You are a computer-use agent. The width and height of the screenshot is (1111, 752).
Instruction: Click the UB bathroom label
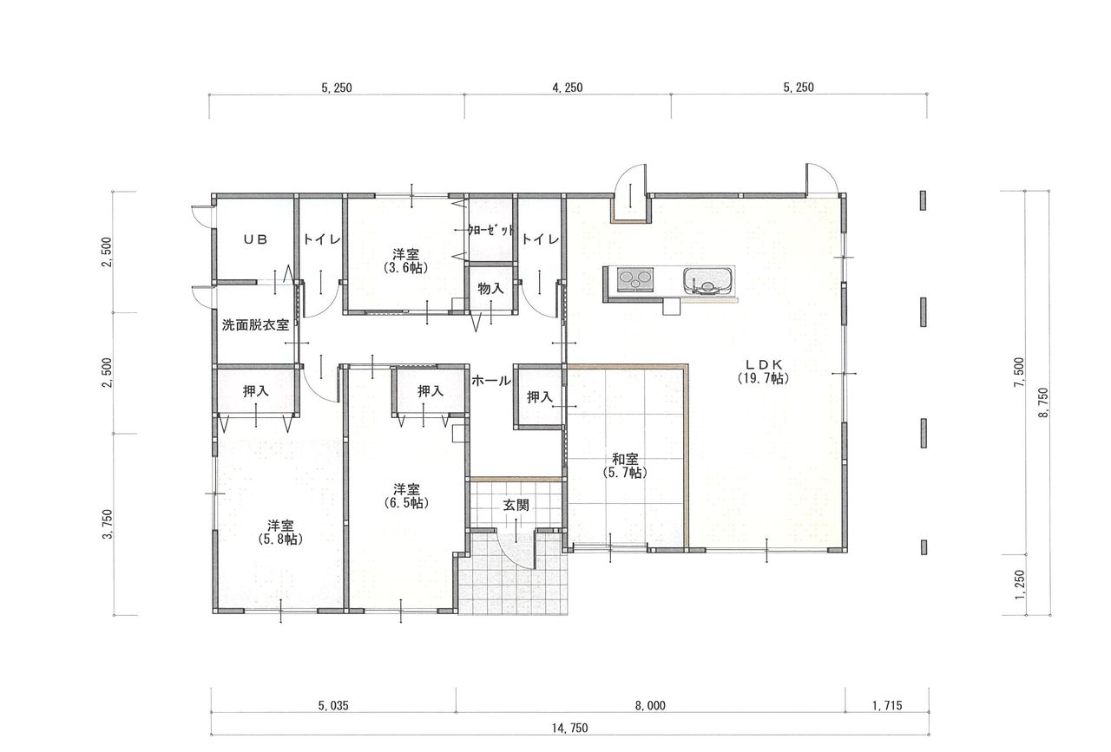[255, 239]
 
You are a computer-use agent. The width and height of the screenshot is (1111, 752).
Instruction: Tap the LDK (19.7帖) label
[763, 372]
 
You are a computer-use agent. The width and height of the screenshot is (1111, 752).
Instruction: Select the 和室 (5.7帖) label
[625, 466]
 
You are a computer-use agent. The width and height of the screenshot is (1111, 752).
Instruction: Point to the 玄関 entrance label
[516, 505]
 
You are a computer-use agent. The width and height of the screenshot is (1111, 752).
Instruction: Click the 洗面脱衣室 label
[255, 325]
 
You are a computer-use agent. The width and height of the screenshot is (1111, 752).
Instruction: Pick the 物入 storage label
[490, 289]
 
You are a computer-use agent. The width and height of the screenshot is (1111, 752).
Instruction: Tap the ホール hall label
[490, 381]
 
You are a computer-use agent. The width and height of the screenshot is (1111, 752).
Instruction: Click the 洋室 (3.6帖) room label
[405, 261]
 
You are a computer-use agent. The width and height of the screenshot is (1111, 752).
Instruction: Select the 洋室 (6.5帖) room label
[406, 496]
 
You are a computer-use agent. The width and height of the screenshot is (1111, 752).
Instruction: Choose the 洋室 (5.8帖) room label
[280, 533]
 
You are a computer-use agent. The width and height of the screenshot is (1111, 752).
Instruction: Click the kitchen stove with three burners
[634, 280]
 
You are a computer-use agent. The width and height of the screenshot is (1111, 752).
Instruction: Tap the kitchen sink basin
[707, 282]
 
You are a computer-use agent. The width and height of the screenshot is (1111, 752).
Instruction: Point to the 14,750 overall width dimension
[570, 728]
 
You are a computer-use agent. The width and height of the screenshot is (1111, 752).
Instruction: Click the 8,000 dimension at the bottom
[650, 705]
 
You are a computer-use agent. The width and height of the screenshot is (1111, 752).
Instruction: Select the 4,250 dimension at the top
[568, 88]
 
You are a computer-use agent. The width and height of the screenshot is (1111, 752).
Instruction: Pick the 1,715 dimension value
[887, 705]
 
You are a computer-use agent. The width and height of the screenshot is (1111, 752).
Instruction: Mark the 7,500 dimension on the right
[1019, 372]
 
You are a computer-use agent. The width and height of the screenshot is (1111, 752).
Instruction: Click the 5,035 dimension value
[333, 705]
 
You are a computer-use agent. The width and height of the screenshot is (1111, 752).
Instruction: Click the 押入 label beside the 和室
[540, 396]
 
